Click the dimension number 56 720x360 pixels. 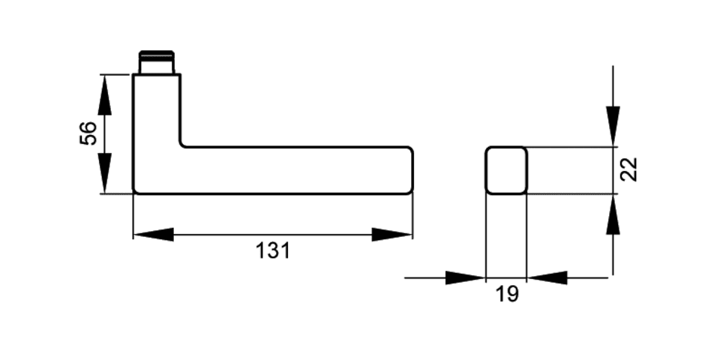[88, 133]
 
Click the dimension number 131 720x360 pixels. [273, 251]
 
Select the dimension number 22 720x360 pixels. [629, 169]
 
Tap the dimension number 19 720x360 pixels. [507, 294]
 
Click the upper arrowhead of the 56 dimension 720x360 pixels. [105, 95]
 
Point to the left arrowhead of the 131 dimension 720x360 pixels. [153, 235]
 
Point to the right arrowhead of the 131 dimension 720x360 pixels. [391, 235]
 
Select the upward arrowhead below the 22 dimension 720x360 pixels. [613, 214]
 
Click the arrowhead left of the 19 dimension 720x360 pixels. [465, 277]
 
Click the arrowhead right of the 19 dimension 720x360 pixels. [547, 277]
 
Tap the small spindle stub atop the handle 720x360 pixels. [157, 62]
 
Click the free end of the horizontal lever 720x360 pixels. [412, 170]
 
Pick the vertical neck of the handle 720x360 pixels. [157, 110]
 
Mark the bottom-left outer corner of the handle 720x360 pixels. [134, 193]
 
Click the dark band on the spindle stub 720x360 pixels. [157, 55]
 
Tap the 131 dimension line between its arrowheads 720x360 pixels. [273, 235]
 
